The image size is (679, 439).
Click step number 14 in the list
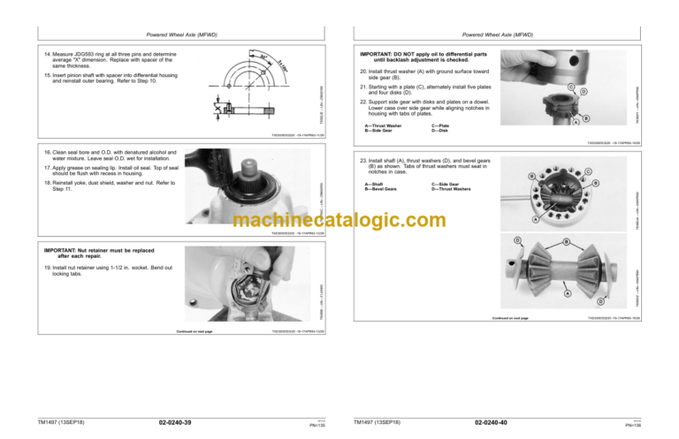(46, 54)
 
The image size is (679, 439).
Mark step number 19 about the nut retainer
(46, 267)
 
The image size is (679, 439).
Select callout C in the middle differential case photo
(588, 170)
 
